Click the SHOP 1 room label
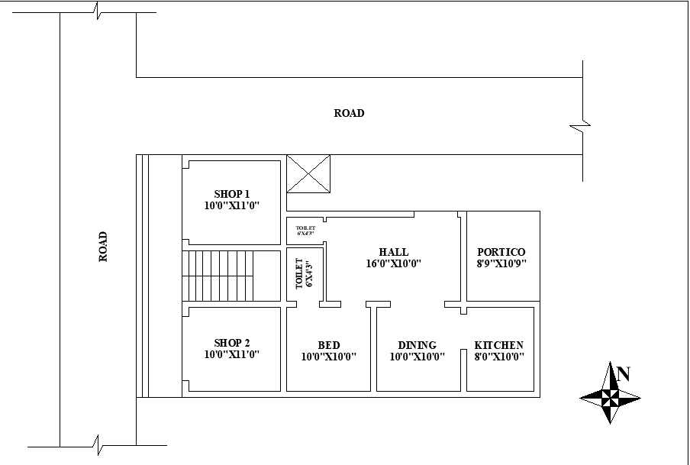tap(232, 194)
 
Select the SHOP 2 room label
tap(232, 343)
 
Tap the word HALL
tap(394, 252)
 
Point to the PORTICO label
tap(501, 252)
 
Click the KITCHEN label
tap(499, 345)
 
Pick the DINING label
tap(417, 345)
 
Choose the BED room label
tap(329, 345)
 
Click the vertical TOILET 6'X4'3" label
tap(305, 273)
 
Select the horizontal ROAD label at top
tap(349, 113)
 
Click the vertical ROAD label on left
tap(103, 247)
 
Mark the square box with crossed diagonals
tap(308, 173)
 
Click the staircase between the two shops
tap(229, 275)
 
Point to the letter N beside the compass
tap(624, 374)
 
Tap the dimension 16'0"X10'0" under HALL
tap(394, 263)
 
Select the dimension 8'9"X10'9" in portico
tap(501, 263)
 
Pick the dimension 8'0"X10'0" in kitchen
tap(499, 356)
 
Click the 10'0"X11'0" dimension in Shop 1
tap(232, 205)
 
